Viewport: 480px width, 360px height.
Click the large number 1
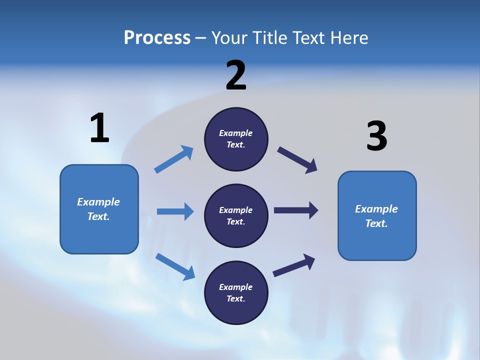99,128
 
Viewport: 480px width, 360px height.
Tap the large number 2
236,75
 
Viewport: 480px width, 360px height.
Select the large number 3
376,136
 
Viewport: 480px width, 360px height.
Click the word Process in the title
157,37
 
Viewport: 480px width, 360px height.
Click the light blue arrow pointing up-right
174,159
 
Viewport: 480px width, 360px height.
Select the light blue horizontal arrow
175,211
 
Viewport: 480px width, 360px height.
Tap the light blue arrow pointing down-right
175,266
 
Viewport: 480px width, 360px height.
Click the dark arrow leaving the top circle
297,160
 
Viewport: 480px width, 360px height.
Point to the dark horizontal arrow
295,210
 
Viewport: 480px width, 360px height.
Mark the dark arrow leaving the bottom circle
294,265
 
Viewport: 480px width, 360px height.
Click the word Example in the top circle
236,133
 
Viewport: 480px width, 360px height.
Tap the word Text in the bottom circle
235,298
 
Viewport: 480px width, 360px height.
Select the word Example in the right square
376,209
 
